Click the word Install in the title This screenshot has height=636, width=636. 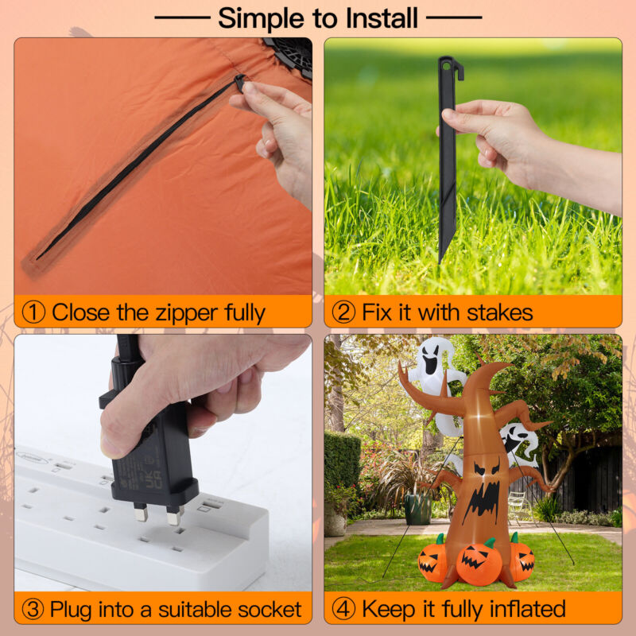[382, 17]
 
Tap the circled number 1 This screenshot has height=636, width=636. [33, 312]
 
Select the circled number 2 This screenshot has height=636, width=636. [343, 312]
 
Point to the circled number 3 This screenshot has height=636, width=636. [33, 609]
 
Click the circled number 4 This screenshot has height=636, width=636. [343, 609]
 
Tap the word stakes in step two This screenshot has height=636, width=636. [500, 312]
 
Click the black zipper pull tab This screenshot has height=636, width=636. [240, 83]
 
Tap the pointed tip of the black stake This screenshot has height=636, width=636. [440, 261]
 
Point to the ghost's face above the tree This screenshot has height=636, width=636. [430, 360]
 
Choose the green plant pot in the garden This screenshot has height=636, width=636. [418, 509]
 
